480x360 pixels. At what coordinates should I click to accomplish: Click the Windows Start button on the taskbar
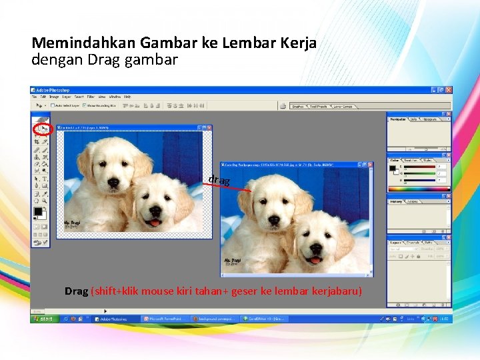[44, 319]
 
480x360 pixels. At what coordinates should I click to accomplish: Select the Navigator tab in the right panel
[398, 119]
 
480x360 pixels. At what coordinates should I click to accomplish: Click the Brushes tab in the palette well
[298, 105]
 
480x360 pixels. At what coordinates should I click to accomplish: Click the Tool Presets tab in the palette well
[318, 105]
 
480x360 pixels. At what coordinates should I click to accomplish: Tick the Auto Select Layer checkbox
[52, 105]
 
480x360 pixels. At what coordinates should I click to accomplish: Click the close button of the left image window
[209, 127]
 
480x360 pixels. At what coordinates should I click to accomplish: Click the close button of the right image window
[370, 163]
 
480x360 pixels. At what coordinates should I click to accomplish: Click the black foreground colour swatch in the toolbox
[38, 211]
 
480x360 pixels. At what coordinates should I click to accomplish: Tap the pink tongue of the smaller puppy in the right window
[314, 259]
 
